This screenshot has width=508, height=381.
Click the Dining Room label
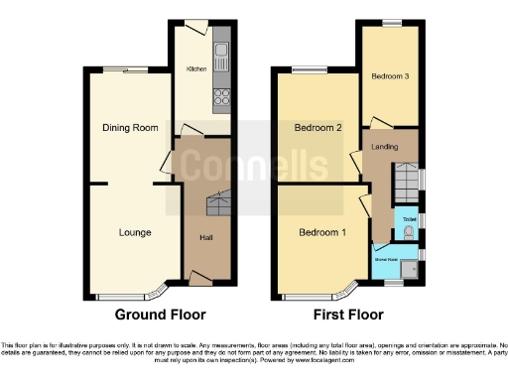[x=131, y=127]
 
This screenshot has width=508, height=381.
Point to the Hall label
[x=206, y=238]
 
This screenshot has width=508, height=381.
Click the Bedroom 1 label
[x=323, y=232]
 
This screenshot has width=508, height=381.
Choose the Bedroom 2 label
[x=317, y=127]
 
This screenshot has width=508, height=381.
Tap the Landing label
[x=384, y=147]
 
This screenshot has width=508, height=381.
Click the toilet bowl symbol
[x=410, y=231]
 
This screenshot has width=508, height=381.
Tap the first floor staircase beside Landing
[x=406, y=182]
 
